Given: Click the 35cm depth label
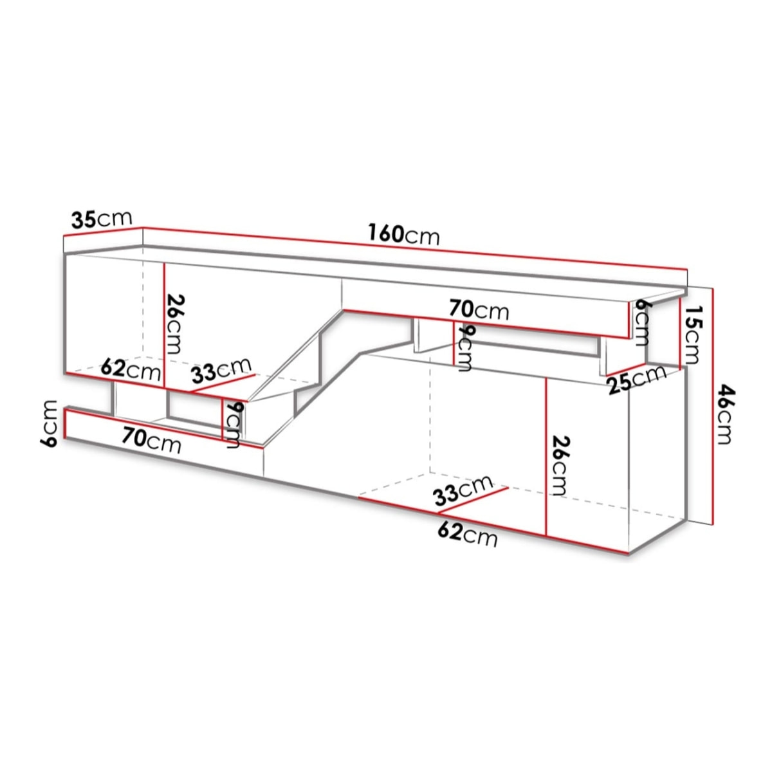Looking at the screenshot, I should coord(101,219).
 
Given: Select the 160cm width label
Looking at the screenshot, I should coord(404,234).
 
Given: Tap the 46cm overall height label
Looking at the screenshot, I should coord(726,414).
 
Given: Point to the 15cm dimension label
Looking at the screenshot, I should coord(694,334).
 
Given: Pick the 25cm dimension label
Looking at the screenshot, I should coord(636,378).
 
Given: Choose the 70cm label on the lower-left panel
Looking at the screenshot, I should coord(152,441).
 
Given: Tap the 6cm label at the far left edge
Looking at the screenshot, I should coord(51,423).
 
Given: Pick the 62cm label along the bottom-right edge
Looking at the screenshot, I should coord(467,534).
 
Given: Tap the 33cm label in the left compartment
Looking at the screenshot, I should coord(220,371).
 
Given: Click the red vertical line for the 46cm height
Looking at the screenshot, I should coord(713,405).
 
